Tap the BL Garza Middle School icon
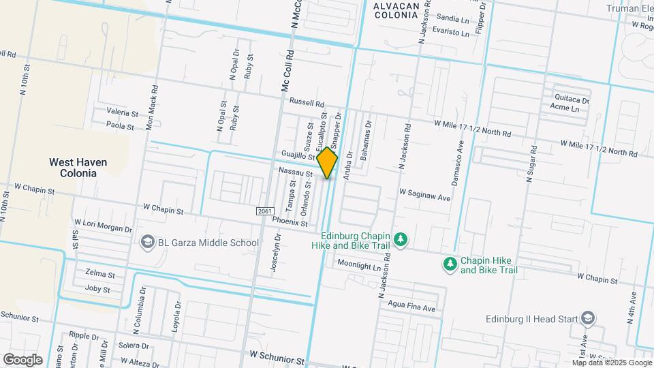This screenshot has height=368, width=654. (x=147, y=242)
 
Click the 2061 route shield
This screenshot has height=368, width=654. (x=266, y=212)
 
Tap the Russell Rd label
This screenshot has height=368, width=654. (x=307, y=102)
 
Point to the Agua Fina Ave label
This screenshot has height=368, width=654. (x=411, y=307)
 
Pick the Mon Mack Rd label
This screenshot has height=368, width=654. (x=153, y=108)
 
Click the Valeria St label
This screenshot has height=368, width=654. (x=123, y=112)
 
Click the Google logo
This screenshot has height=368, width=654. (x=22, y=359)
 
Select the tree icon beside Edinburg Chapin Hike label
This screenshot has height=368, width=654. (x=401, y=239)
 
